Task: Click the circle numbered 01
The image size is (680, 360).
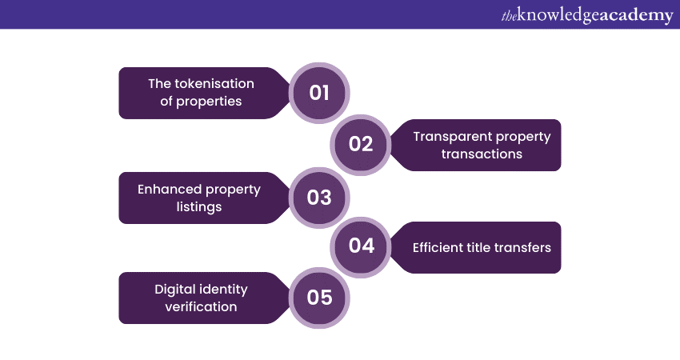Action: coord(319,93)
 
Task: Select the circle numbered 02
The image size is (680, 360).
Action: coord(361,145)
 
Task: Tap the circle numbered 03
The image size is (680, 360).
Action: coord(319,198)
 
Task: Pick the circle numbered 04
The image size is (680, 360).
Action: coord(361,246)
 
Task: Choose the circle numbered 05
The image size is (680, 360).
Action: coord(319,298)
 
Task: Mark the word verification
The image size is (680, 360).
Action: coord(202,306)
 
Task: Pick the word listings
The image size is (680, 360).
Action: coord(199,207)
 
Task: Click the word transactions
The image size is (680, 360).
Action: coord(482,154)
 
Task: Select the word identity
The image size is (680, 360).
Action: coord(225,290)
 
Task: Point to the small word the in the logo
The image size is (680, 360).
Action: coord(509,16)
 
